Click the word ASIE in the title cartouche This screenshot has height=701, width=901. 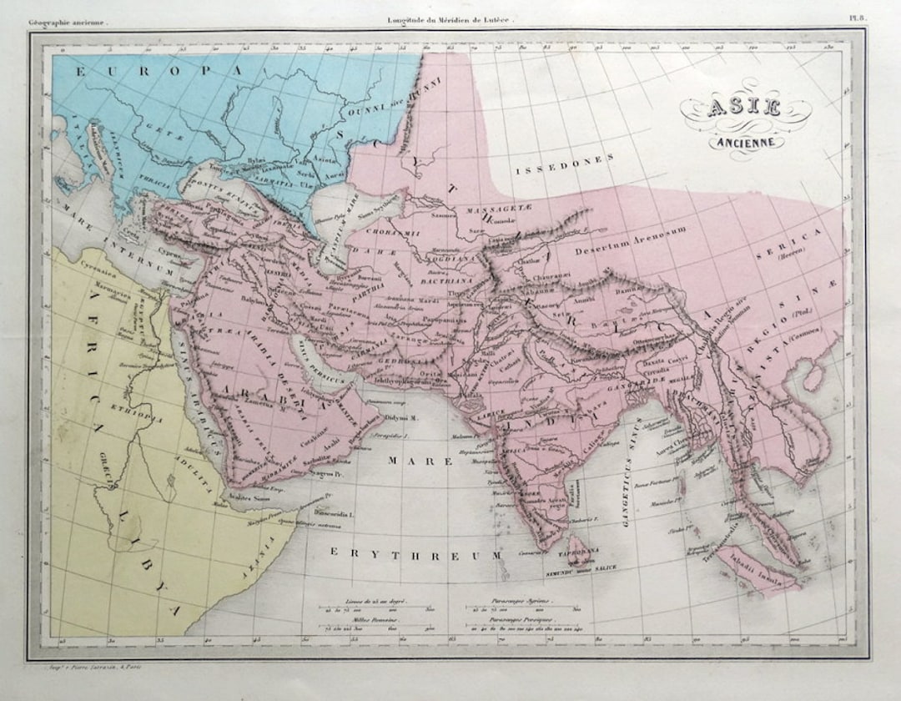(x=745, y=109)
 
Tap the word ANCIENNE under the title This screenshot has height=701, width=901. (x=747, y=141)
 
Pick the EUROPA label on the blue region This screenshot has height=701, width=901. (x=159, y=72)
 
